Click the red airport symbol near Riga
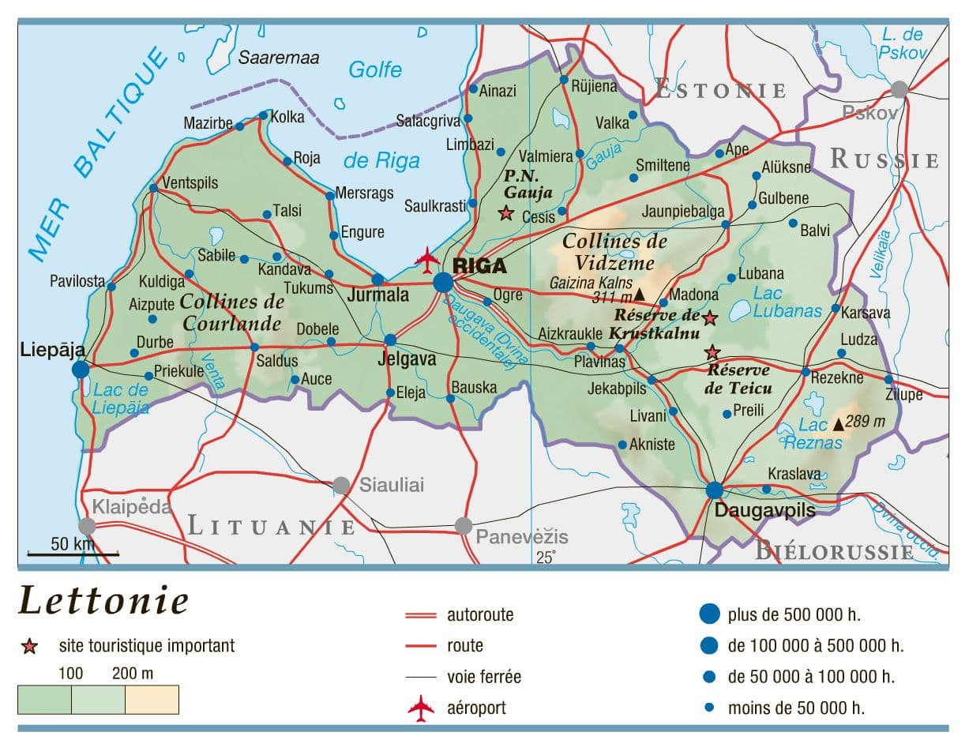coord(427,258)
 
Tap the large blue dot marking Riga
coord(443,282)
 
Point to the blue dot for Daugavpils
coord(714,490)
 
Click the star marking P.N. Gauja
coord(505,212)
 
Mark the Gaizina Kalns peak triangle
coord(640,295)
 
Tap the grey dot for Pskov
coord(899,88)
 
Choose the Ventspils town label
coord(190,182)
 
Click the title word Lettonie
coord(103,600)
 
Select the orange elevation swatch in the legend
coord(152,700)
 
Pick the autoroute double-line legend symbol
coord(420,615)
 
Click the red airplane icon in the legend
coord(421,708)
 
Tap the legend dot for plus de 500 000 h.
coord(710,614)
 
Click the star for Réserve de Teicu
coord(712,352)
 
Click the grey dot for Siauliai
coord(341,485)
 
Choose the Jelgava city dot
coord(390,340)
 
